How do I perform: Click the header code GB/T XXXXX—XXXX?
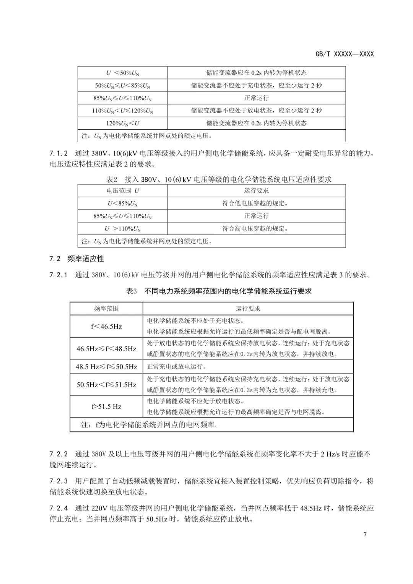point(345,54)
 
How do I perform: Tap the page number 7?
point(365,534)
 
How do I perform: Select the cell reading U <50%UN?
point(122,73)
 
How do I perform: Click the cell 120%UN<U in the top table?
point(122,123)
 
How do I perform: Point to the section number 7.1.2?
point(59,153)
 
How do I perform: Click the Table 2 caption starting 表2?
point(218,179)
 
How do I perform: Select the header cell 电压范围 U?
point(122,190)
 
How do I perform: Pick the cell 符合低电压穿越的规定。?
point(256,203)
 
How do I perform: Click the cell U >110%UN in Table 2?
point(122,229)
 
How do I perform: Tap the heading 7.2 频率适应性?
point(76,259)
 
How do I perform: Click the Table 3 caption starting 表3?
point(219,291)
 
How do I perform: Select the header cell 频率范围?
point(106,308)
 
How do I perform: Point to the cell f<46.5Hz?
point(106,326)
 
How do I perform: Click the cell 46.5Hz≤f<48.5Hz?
point(106,348)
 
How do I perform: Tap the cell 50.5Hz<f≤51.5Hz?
point(106,384)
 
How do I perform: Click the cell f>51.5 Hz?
point(106,407)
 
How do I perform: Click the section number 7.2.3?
point(59,481)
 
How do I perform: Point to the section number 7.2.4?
point(59,508)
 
